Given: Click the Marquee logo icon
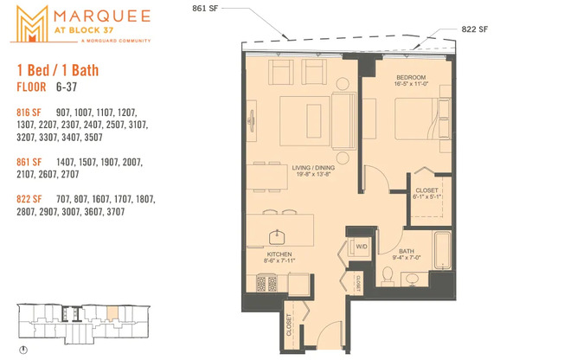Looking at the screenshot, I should [x=30, y=24].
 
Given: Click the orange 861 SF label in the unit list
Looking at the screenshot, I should [x=29, y=162].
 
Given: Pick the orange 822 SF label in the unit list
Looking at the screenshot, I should [x=29, y=199].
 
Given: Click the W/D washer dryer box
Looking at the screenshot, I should [x=360, y=246].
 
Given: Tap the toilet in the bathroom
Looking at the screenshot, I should [x=389, y=275].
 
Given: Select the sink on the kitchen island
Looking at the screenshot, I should [x=280, y=235].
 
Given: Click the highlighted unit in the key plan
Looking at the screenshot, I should [x=111, y=312].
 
